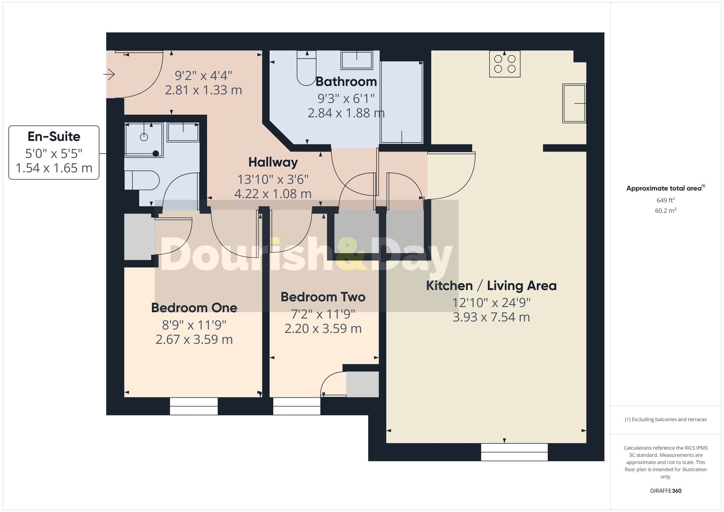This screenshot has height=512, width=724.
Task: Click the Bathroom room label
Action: click(x=346, y=82)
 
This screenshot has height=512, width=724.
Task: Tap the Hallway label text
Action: click(x=273, y=162)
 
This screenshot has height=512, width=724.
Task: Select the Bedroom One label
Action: click(x=194, y=308)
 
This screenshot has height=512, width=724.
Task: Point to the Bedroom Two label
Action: click(x=323, y=297)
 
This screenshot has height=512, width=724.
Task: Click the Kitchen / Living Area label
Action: click(x=491, y=286)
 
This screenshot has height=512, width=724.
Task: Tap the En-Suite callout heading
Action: click(x=54, y=137)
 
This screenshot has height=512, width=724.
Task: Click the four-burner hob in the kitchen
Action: click(x=505, y=64)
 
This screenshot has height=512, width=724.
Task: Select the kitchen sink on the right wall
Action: click(x=574, y=103)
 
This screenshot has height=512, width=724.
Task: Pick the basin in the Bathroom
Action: click(x=357, y=60)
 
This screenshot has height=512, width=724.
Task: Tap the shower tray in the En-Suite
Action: click(x=144, y=140)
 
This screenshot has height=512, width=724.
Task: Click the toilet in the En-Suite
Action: click(x=142, y=180)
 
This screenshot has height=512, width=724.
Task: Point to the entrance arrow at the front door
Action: click(x=109, y=75)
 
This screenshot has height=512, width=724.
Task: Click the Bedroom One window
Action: click(x=194, y=406)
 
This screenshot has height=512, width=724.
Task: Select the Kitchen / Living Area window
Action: click(x=514, y=452)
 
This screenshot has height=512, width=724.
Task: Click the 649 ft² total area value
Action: click(x=665, y=200)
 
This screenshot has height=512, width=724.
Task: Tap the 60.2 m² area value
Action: click(x=665, y=211)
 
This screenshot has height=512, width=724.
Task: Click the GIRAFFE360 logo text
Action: click(x=665, y=491)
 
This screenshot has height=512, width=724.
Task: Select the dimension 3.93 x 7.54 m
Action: click(x=491, y=317)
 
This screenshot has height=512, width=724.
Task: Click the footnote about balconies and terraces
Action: click(x=665, y=419)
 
